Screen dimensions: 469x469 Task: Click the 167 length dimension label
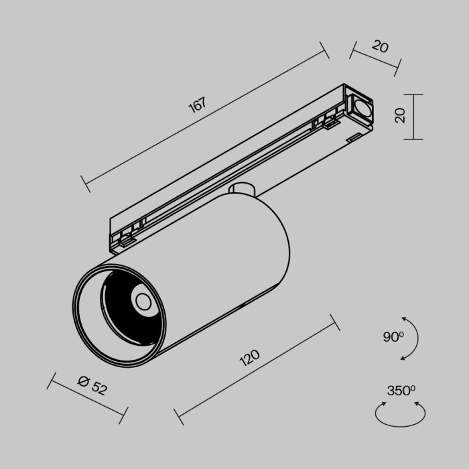click(196, 106)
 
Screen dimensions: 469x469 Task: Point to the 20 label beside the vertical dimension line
click(401, 116)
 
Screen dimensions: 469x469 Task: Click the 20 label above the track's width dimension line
click(380, 46)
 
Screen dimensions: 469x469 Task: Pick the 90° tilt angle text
click(393, 337)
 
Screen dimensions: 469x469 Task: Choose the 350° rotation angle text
click(401, 391)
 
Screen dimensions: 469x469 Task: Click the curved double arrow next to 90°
click(411, 338)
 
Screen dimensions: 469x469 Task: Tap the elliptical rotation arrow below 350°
click(400, 415)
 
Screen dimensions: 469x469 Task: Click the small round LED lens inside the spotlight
click(142, 301)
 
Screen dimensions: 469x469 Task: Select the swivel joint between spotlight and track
click(243, 190)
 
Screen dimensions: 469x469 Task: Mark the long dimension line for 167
click(204, 119)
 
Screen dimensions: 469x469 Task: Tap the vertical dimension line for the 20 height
click(415, 117)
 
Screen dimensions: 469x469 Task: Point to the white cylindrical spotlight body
click(221, 268)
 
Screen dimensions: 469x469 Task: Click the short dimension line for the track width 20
click(375, 56)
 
